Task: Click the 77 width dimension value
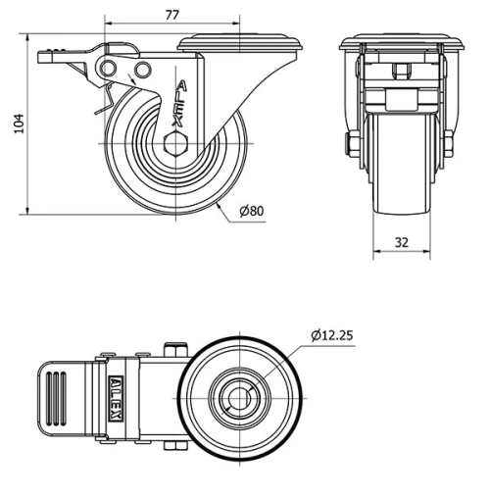(x=172, y=15)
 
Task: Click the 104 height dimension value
(x=20, y=124)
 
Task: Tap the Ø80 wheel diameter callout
(x=252, y=211)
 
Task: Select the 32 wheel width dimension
(x=402, y=242)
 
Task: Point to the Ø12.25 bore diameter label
(x=332, y=335)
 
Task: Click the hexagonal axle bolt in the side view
(x=176, y=143)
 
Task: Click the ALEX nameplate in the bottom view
(x=116, y=398)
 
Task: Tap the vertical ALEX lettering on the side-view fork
(x=180, y=104)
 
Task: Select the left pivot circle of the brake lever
(x=108, y=69)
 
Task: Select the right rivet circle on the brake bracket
(x=143, y=70)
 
